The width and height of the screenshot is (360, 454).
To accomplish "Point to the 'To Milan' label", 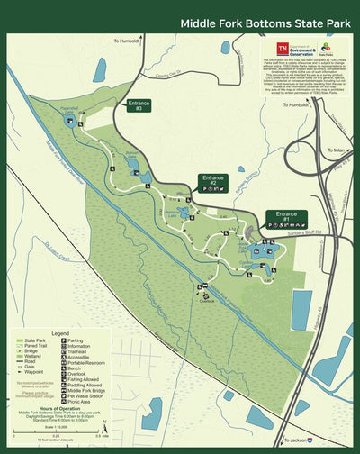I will [336, 150].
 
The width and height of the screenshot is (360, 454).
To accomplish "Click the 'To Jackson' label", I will [303, 440].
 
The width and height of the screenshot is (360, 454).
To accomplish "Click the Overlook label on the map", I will [209, 301].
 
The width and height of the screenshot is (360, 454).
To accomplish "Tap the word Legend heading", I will [59, 332].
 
